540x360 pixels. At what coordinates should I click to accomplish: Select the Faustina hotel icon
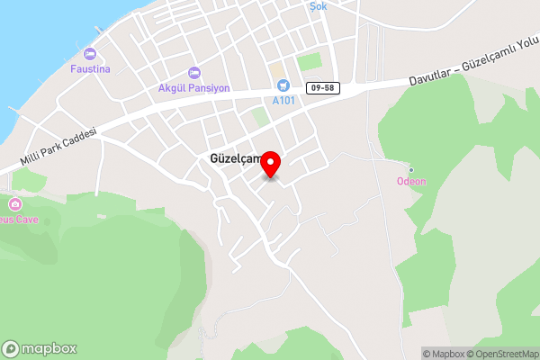(88, 54)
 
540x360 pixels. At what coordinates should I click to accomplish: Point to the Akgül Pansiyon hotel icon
(193, 73)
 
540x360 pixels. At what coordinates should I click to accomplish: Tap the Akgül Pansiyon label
(193, 88)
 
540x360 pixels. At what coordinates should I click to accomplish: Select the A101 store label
(283, 100)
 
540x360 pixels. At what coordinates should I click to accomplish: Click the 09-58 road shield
(321, 87)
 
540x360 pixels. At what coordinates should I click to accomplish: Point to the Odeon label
(411, 181)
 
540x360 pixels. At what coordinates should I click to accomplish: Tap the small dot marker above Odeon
(411, 169)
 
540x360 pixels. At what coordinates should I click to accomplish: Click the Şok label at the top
(318, 6)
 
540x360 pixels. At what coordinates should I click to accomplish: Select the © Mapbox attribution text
(445, 353)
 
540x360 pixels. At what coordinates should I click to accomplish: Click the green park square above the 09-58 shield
(309, 62)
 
